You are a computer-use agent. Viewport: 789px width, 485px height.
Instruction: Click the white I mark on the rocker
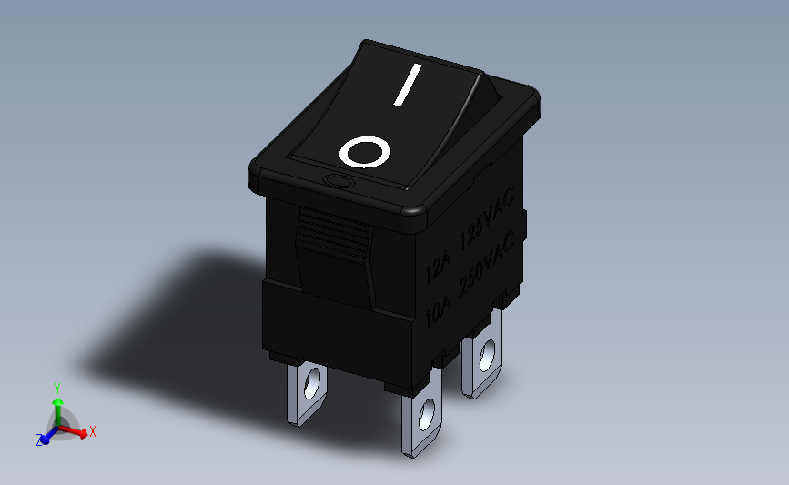408,86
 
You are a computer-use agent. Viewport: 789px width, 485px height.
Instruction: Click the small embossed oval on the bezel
339,183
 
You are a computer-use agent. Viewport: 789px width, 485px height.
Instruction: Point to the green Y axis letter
56,387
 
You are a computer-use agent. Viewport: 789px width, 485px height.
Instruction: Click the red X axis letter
93,431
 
